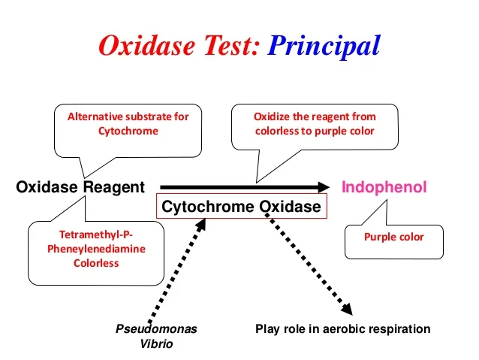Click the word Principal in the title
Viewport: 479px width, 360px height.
324,47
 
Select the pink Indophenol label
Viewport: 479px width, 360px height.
384,187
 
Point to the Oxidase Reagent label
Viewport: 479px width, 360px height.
80,188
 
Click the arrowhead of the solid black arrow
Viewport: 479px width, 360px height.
323,187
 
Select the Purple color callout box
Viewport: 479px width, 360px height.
393,237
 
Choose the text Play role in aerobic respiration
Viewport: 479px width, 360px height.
342,329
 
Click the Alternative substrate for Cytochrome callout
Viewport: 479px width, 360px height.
128,124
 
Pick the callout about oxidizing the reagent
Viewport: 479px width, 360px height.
315,124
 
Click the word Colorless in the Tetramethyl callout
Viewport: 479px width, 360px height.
96,263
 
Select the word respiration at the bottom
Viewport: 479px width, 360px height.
402,329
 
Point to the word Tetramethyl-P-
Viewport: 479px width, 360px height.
96,234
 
